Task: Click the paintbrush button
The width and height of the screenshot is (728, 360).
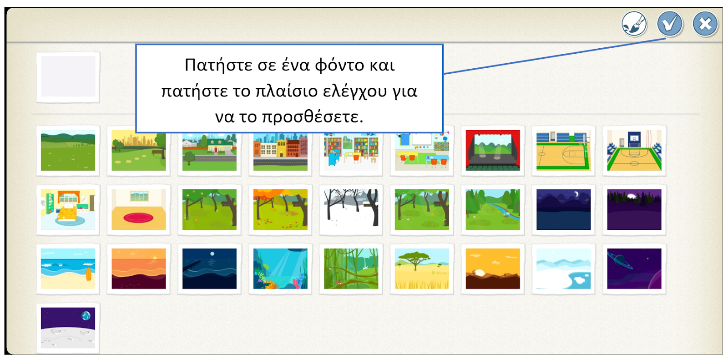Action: point(634,24)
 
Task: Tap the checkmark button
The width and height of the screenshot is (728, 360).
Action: point(669,24)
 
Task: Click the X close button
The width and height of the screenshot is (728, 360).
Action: point(705,24)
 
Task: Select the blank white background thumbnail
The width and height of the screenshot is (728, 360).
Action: point(68,77)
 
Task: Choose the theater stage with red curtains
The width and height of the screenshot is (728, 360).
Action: point(493,150)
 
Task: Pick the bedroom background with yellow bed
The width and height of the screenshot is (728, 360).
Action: point(68,209)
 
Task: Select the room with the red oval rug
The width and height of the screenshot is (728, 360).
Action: point(139,209)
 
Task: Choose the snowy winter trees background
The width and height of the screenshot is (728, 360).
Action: point(351,209)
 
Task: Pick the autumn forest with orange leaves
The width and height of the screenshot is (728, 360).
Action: point(280,209)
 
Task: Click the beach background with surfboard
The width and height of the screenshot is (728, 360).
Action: point(68,269)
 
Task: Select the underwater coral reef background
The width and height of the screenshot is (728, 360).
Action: point(280,269)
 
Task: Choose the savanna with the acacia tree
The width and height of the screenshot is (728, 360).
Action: point(422,269)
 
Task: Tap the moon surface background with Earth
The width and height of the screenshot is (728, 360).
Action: point(68,328)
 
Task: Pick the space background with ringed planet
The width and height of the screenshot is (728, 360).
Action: point(634,269)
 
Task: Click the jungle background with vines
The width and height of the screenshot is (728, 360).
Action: point(351,269)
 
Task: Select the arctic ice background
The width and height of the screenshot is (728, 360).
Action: point(563,269)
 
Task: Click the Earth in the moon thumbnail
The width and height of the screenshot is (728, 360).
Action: point(86,316)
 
